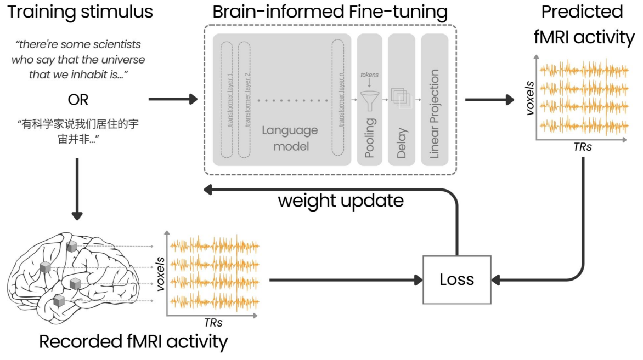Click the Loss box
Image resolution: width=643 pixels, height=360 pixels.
(456, 280)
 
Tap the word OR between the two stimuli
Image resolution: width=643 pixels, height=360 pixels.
(77, 100)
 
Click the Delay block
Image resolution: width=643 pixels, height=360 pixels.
(402, 99)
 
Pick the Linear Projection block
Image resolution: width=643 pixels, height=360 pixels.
(435, 99)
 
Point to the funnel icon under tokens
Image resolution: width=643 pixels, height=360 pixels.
(370, 99)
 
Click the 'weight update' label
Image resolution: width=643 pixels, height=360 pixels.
(340, 201)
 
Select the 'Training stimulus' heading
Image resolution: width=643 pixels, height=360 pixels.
(80, 12)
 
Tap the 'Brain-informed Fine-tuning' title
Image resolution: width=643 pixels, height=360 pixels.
(330, 12)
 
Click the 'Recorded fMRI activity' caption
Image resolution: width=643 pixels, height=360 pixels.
(133, 341)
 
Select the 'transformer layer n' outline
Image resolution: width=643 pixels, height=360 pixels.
(340, 99)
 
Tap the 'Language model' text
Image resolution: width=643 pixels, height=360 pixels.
(289, 138)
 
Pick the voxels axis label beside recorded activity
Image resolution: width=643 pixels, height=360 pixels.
(161, 274)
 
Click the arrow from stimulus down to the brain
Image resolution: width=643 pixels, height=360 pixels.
(77, 188)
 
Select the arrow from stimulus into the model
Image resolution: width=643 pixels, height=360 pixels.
(172, 99)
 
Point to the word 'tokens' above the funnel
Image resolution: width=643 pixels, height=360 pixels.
(370, 75)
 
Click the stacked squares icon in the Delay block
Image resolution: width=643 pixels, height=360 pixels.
(401, 99)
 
